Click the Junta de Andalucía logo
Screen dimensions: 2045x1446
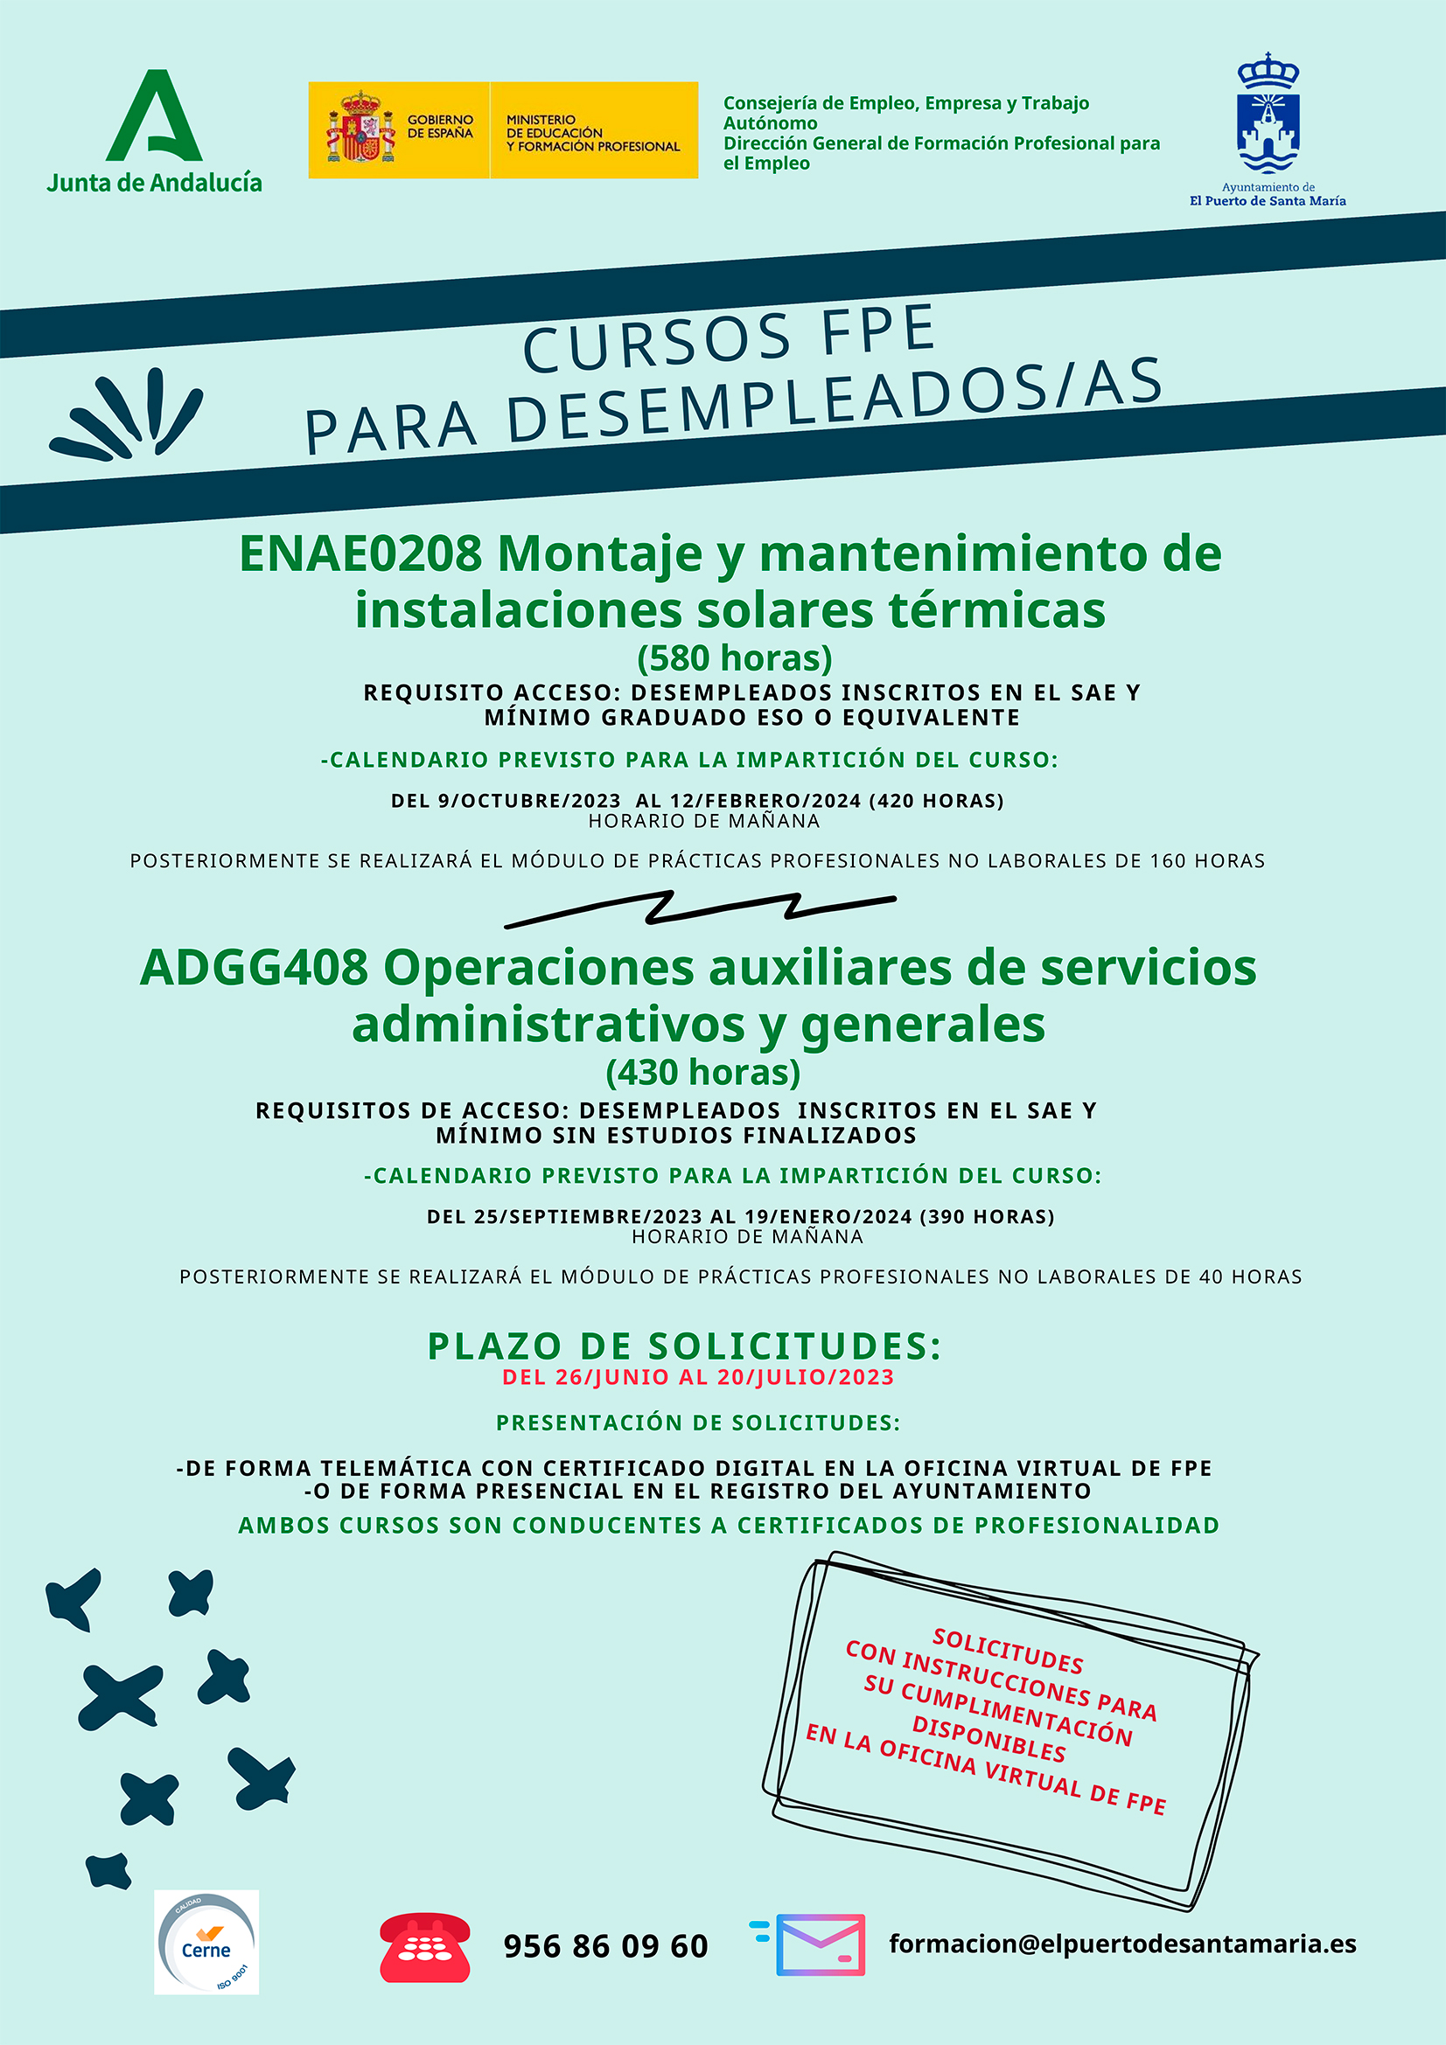point(154,131)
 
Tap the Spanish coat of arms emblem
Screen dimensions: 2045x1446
point(360,130)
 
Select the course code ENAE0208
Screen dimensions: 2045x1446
point(360,554)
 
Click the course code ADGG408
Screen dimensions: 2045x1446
point(254,968)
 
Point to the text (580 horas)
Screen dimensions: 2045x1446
point(734,658)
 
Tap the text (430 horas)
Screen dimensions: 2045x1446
point(703,1073)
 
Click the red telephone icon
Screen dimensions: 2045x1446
point(425,1947)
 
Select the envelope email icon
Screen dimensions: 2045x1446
point(819,1944)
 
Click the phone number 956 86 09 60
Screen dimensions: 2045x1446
point(606,1946)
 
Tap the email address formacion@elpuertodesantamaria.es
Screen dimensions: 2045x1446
point(1121,1944)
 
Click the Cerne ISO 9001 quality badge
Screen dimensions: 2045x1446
point(206,1943)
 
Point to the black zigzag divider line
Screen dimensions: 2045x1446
point(701,908)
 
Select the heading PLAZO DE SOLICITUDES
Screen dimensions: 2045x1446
point(683,1346)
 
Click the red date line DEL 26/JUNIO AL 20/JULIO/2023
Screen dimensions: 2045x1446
point(697,1377)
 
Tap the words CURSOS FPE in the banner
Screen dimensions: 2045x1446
point(729,338)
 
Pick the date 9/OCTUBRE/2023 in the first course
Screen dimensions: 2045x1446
point(529,801)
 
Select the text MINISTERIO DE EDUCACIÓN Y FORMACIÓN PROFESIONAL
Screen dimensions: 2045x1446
point(592,133)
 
